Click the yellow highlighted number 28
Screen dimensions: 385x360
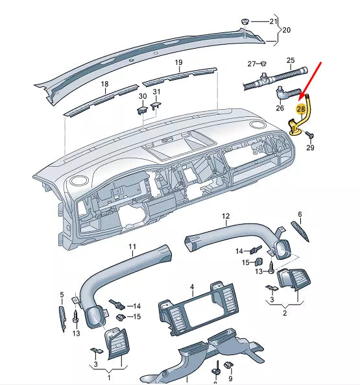[x=301, y=110]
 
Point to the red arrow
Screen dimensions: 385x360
[x=311, y=82]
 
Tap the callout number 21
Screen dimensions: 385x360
[x=273, y=22]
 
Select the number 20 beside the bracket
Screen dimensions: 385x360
[x=287, y=31]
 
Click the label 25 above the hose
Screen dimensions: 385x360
[x=291, y=60]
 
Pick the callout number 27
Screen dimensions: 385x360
[x=252, y=64]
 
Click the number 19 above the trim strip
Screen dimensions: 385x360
[x=178, y=62]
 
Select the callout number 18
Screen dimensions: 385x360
[x=104, y=84]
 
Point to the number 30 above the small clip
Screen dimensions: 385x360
[x=143, y=96]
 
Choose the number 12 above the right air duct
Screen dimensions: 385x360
[x=226, y=216]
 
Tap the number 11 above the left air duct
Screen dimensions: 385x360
[x=132, y=247]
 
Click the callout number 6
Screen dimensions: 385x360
[x=300, y=214]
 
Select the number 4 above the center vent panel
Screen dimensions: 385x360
[x=192, y=286]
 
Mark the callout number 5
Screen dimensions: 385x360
[x=62, y=295]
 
